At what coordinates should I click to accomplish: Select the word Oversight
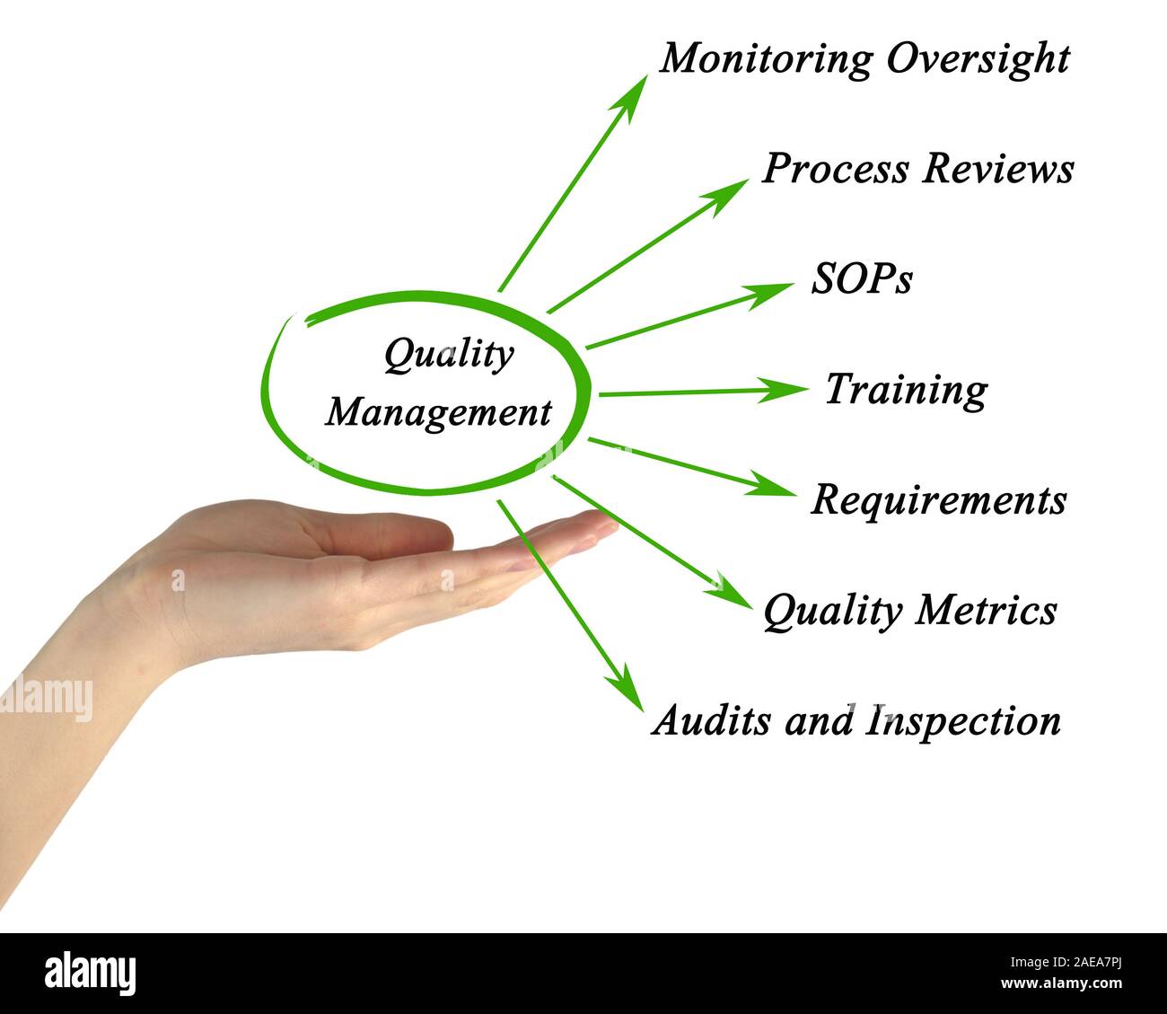click(978, 57)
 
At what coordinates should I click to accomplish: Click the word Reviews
click(996, 168)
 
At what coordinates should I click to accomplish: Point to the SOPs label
click(862, 279)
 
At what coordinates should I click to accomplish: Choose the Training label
click(906, 390)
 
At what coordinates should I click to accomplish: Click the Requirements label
click(938, 499)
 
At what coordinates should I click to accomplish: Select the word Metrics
click(986, 610)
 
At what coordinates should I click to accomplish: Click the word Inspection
click(962, 720)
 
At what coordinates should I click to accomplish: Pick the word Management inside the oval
click(438, 413)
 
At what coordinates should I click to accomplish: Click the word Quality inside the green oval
click(448, 355)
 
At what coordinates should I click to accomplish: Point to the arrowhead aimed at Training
click(786, 390)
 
